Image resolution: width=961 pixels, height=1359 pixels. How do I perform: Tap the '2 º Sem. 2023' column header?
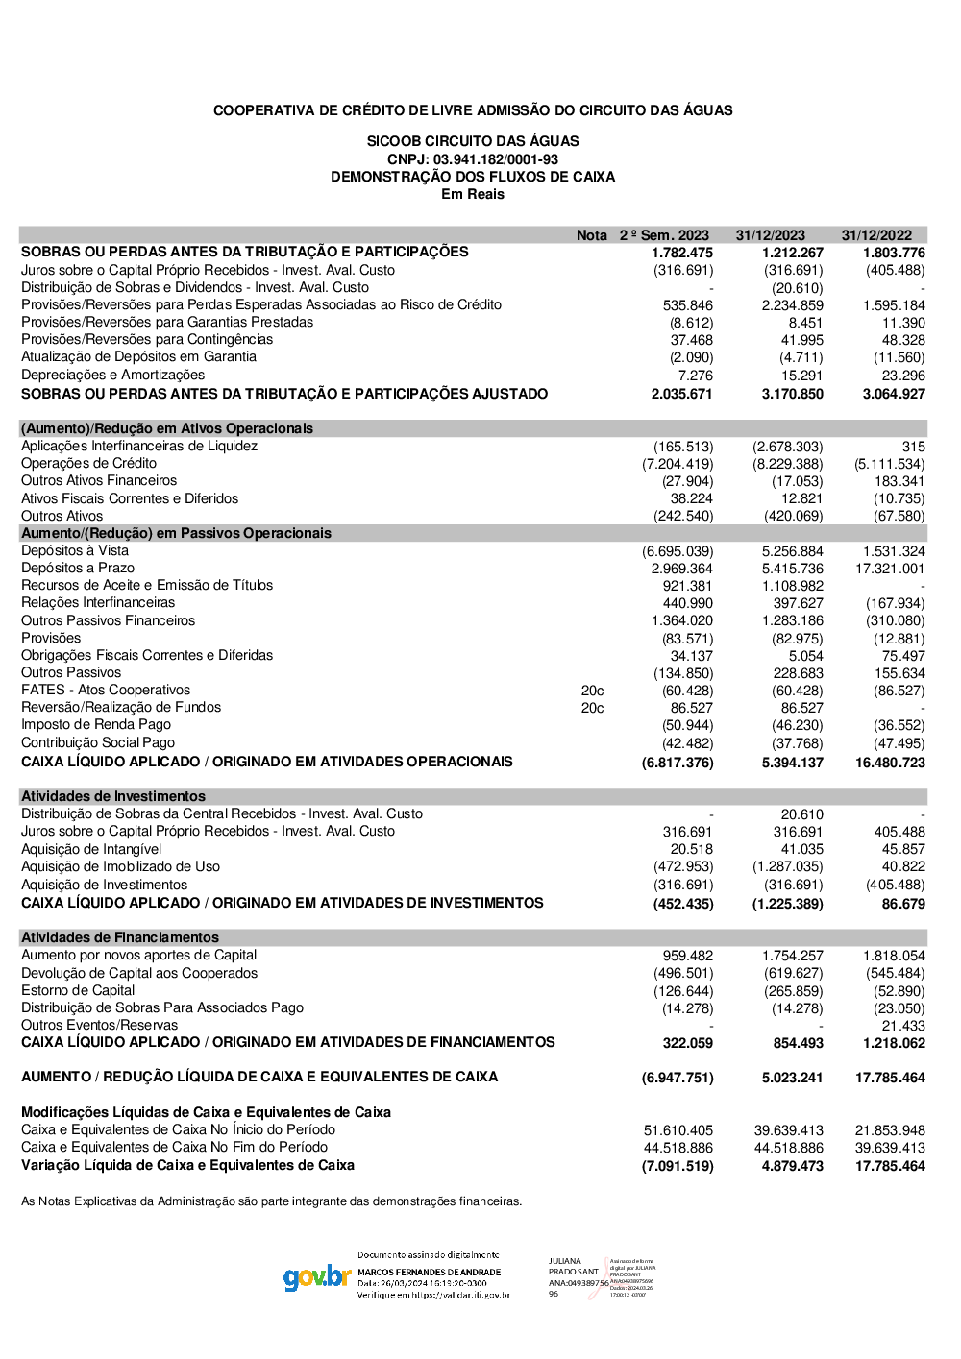pyautogui.click(x=664, y=235)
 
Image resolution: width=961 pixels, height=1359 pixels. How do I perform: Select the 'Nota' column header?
pyautogui.click(x=592, y=235)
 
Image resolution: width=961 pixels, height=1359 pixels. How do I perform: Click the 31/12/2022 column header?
pyautogui.click(x=876, y=235)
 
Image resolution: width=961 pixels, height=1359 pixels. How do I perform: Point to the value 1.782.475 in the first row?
pyautogui.click(x=682, y=253)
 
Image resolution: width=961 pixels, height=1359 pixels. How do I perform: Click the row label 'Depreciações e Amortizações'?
pyautogui.click(x=112, y=375)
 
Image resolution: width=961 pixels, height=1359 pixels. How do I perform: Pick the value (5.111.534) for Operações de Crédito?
pyautogui.click(x=889, y=464)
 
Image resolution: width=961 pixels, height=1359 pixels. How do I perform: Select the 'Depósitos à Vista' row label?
pyautogui.click(x=75, y=550)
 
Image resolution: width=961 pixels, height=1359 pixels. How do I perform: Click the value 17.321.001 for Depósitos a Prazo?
pyautogui.click(x=890, y=569)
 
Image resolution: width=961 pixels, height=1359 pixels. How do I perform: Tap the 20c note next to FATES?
pyautogui.click(x=592, y=691)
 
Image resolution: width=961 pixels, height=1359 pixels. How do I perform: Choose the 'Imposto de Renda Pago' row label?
pyautogui.click(x=96, y=724)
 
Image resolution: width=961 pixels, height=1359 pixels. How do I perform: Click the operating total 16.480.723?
pyautogui.click(x=890, y=763)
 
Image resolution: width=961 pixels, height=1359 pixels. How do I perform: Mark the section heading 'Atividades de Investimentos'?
pyautogui.click(x=113, y=796)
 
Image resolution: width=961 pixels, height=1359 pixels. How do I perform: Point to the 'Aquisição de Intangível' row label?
pyautogui.click(x=91, y=849)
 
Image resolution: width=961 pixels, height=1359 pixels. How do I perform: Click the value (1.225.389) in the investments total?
pyautogui.click(x=787, y=904)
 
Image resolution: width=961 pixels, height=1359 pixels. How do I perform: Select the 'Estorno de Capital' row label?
pyautogui.click(x=78, y=990)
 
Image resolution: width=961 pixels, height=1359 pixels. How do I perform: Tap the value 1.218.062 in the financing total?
pyautogui.click(x=894, y=1043)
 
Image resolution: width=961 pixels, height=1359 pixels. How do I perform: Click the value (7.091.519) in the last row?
pyautogui.click(x=678, y=1166)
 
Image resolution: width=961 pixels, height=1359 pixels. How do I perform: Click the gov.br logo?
pyautogui.click(x=317, y=1277)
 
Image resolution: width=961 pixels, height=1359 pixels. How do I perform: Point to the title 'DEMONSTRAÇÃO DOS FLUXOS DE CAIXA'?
pyautogui.click(x=473, y=177)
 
